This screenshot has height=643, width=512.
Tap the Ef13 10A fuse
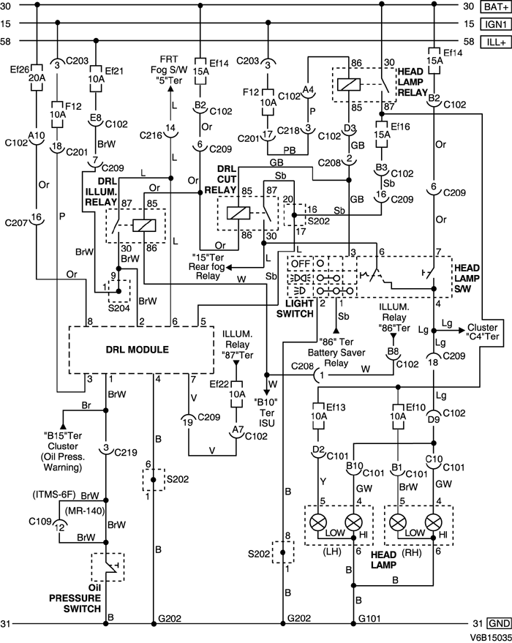point(319,415)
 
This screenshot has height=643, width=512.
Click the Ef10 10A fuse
point(396,415)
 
